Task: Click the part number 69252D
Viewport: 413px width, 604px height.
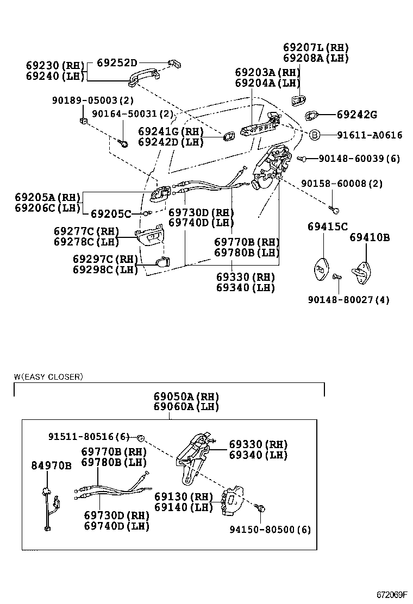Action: coord(117,62)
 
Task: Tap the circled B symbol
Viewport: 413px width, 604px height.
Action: coord(315,135)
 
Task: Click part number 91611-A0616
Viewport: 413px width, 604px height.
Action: coord(370,135)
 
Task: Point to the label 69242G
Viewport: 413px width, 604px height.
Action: coord(356,115)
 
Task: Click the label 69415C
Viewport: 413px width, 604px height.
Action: coord(327,226)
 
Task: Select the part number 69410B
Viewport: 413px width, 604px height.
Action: coord(370,237)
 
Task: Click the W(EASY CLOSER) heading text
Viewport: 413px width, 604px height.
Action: coord(48,376)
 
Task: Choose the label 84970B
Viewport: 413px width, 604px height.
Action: coord(51,465)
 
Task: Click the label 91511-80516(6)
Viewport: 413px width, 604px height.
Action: coord(89,436)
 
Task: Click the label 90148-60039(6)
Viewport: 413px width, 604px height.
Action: coord(359,158)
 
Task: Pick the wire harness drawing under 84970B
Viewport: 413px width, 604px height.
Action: coord(50,508)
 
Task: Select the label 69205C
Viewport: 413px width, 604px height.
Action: coord(111,213)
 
